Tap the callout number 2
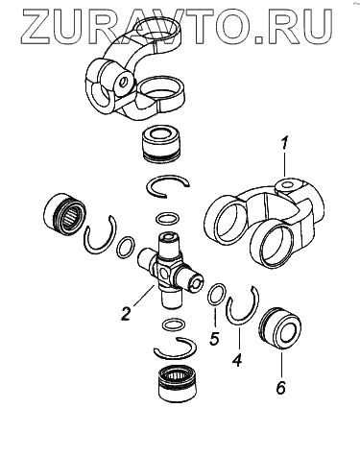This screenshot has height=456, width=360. [x=126, y=313]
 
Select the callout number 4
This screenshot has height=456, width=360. [x=236, y=360]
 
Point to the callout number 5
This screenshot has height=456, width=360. [x=214, y=338]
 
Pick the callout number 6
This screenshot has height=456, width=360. [x=280, y=388]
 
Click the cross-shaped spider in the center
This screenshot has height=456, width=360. [x=170, y=270]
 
